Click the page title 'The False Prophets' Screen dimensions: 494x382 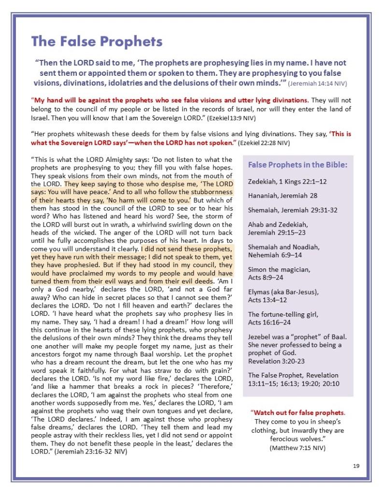point(97,42)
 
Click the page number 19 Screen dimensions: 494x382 point(356,466)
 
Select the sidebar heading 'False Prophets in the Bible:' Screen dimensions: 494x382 point(297,165)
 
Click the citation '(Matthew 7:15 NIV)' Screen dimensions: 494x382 point(297,448)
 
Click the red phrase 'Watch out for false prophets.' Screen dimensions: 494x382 point(298,413)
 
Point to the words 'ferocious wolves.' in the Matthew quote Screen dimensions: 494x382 point(297,439)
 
